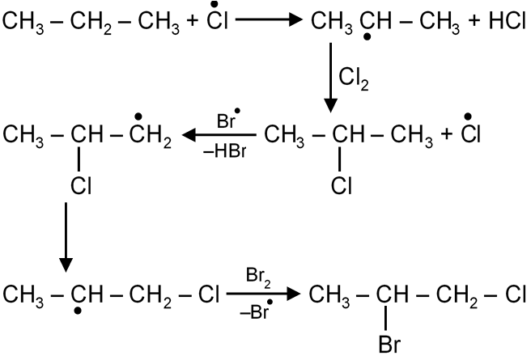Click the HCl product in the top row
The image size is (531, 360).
point(507,21)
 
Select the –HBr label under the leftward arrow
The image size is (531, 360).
point(225,151)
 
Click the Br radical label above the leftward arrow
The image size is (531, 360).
point(228,119)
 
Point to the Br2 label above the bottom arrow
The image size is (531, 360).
point(258,276)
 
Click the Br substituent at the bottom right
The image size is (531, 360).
point(389,345)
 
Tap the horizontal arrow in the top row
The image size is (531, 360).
point(269,19)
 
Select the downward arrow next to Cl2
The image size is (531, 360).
point(331,78)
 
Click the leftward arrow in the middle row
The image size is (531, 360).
point(219,135)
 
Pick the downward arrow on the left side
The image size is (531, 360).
point(66,237)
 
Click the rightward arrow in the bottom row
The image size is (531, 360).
point(263,294)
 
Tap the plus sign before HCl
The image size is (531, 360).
point(474,21)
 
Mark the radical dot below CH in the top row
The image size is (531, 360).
point(367,36)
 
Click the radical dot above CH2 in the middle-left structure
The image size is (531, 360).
point(138,116)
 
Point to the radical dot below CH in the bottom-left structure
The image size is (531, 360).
point(78,311)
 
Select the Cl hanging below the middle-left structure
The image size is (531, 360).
point(81,186)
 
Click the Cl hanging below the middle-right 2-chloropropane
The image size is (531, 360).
point(342,186)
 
